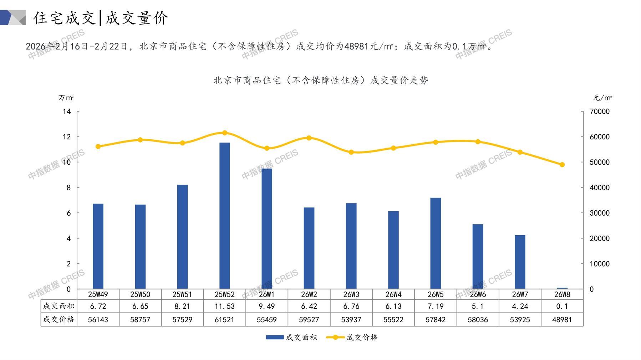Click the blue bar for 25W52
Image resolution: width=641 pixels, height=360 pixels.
click(224, 216)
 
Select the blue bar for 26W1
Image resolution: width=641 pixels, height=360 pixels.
click(266, 228)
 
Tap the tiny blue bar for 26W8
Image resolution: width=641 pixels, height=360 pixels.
click(562, 288)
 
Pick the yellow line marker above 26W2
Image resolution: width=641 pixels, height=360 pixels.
click(309, 138)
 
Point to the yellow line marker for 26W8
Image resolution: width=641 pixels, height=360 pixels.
click(562, 165)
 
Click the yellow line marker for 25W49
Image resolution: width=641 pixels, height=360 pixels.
click(98, 146)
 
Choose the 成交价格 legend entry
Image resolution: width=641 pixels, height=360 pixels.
click(352, 337)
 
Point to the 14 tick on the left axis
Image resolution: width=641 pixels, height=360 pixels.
click(67, 112)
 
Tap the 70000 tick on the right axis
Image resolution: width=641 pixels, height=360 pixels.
click(599, 112)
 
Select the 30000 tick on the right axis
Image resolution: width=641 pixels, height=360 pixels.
click(599, 213)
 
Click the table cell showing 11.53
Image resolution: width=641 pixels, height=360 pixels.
click(224, 306)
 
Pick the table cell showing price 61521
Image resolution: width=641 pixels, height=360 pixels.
click(224, 320)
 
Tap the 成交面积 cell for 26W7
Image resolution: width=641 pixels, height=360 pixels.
click(520, 306)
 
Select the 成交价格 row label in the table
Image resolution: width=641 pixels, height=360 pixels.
click(59, 319)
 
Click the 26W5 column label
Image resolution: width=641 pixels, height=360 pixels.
click(435, 294)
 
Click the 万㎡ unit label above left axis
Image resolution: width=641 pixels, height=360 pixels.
click(66, 98)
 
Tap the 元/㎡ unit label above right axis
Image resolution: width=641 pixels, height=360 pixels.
click(602, 98)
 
